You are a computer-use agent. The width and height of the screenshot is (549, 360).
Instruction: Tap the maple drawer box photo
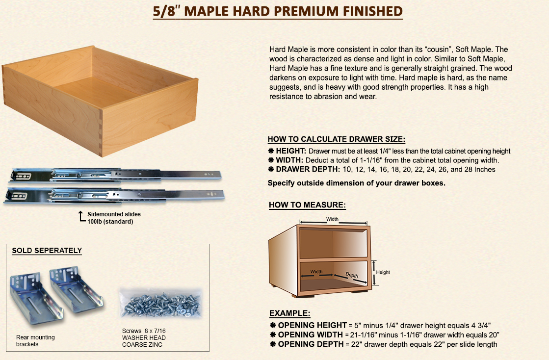coord(100,101)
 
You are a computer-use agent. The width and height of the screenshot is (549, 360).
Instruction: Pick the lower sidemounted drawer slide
coord(114,195)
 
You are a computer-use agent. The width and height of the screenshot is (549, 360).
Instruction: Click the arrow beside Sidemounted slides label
coord(81,217)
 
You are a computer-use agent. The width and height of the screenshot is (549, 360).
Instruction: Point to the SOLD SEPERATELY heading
coord(47,251)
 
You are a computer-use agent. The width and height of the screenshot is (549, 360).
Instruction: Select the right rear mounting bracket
coord(77,289)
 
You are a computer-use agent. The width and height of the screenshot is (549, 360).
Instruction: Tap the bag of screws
coord(161,303)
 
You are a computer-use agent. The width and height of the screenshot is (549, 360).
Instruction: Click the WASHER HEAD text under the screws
coord(144,337)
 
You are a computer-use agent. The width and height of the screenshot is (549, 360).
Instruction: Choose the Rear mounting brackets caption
coord(35,341)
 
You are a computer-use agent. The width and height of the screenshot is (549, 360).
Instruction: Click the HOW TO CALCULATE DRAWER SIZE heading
coord(336,139)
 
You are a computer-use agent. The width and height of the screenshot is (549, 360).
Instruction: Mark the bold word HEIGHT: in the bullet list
coord(291,151)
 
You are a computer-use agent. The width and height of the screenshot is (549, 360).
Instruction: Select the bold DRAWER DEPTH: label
coord(308,169)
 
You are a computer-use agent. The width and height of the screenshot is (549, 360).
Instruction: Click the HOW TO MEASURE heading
coord(307,205)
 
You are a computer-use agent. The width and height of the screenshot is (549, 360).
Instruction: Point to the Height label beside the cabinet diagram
coord(383,272)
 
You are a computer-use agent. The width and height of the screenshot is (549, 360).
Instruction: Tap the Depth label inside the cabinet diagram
coord(352,275)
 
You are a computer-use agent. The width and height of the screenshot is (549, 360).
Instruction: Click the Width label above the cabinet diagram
coord(332,219)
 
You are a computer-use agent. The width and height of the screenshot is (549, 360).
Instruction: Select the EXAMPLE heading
coord(289,313)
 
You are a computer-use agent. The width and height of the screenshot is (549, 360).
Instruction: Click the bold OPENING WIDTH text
coord(311,335)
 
